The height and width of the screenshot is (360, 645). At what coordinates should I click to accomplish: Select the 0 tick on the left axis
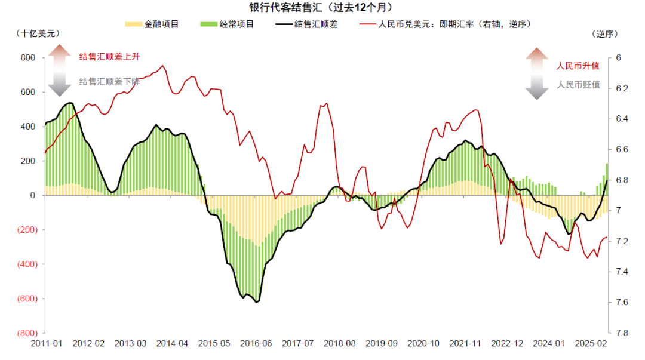[33, 195]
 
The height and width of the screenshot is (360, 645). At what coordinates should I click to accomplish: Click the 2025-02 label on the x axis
[589, 344]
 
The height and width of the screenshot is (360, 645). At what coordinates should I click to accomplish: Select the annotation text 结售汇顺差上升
[110, 56]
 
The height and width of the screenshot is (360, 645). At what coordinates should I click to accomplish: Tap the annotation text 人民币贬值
[578, 85]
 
